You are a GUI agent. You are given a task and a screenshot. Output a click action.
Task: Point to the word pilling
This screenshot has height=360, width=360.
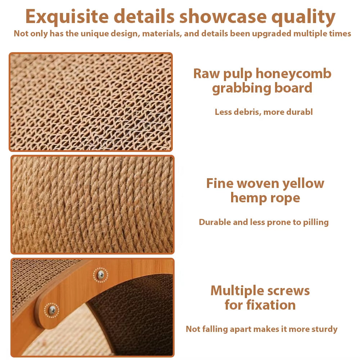(315, 222)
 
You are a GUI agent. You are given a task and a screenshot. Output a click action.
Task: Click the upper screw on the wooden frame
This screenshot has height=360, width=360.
(100, 275)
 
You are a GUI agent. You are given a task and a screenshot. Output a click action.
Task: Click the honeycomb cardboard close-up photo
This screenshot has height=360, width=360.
(91, 102)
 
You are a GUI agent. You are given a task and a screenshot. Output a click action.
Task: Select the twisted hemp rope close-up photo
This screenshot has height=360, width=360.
(92, 204)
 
